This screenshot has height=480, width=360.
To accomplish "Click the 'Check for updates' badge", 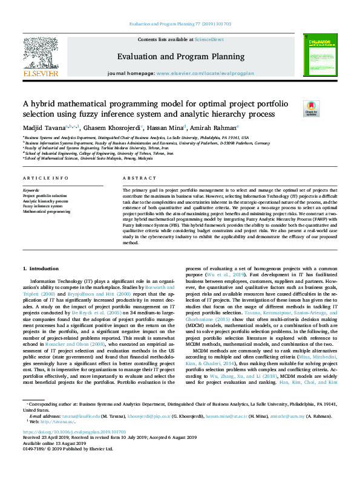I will click(311, 109).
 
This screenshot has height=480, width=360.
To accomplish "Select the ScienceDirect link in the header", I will click(209, 39).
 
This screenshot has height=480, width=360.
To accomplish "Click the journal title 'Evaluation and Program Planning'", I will click(180, 57).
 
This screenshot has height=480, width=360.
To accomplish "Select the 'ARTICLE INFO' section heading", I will click(45, 178).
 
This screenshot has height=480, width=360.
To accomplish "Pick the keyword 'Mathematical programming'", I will click(47, 212).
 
